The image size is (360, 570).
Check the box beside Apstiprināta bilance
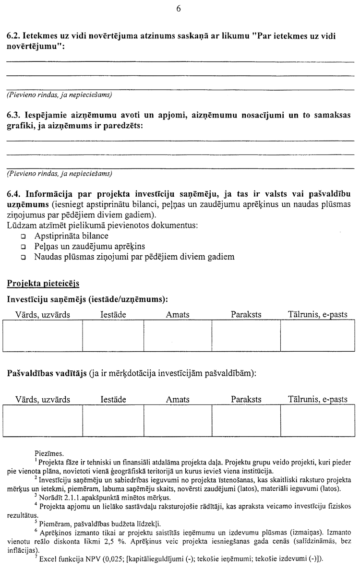(23, 237)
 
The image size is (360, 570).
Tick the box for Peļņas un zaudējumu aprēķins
(23, 247)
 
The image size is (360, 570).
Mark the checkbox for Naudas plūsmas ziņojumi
(23, 258)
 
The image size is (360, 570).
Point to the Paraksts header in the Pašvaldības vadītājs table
(246, 399)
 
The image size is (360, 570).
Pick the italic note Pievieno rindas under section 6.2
(59, 95)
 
